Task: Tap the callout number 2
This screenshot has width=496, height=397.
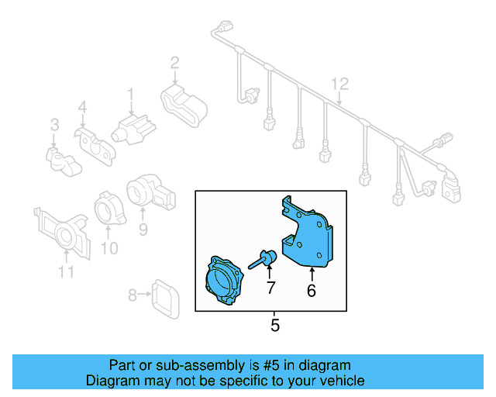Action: [175, 63]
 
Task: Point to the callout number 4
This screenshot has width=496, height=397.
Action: [82, 110]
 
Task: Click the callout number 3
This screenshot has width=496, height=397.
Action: [54, 124]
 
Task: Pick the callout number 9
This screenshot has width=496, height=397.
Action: [143, 229]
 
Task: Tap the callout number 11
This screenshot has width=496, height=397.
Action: [66, 271]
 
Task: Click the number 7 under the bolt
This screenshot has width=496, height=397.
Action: [270, 288]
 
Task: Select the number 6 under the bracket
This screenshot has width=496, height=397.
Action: [312, 292]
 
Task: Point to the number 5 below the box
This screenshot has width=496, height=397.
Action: [274, 326]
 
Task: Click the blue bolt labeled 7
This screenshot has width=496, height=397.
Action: [263, 258]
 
